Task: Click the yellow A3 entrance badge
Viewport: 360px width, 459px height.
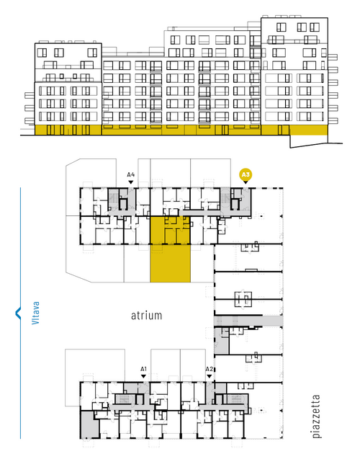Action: (246, 175)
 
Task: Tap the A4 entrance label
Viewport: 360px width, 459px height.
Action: (131, 175)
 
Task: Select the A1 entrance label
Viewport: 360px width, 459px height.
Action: (143, 369)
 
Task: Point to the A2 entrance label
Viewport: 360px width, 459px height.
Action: (209, 369)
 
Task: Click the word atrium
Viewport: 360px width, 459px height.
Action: (146, 316)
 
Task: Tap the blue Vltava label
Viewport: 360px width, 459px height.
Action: (35, 313)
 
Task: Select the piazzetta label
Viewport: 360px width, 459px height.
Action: (316, 416)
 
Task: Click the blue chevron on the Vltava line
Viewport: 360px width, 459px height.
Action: (18, 313)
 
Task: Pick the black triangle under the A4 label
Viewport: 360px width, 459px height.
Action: (131, 182)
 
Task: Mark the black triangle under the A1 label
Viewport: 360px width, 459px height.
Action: (143, 376)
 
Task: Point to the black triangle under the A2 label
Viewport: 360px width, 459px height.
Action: (209, 376)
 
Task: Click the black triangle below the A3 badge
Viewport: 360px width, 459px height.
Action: (246, 182)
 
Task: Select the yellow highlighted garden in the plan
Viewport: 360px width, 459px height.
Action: (170, 264)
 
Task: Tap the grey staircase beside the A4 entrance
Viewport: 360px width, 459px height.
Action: (113, 199)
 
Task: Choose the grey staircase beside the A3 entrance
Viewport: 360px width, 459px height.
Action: (225, 199)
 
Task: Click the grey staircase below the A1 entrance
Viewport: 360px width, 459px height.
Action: (125, 399)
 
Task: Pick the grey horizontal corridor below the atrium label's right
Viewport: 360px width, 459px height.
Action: (248, 321)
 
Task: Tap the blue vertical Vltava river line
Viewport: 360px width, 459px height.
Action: (20, 313)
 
